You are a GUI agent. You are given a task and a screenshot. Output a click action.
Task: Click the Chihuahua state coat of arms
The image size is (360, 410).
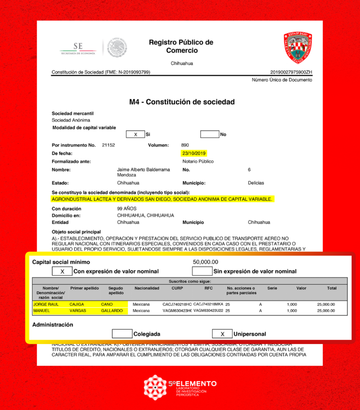tap(298, 48)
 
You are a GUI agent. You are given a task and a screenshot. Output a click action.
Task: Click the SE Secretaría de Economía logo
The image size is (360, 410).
tap(78, 48)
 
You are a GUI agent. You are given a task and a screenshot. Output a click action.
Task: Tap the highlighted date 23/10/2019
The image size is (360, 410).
tap(194, 153)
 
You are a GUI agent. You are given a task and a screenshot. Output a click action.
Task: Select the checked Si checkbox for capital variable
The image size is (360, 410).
tap(135, 134)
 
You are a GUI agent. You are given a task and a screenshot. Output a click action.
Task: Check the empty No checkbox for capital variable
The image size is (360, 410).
tap(209, 134)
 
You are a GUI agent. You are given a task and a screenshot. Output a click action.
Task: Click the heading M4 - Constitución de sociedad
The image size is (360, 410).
tap(182, 102)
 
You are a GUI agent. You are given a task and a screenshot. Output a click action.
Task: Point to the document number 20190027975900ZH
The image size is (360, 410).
tap(291, 72)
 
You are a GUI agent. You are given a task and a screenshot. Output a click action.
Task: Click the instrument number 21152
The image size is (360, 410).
tap(108, 145)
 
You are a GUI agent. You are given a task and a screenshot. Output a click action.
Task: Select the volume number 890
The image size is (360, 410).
tap(185, 145)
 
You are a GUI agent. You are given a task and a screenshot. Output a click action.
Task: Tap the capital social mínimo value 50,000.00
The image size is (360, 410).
tap(205, 262)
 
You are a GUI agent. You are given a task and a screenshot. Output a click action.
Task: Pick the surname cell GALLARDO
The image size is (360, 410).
tap(112, 311)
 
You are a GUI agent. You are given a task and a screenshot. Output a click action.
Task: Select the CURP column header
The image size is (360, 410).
tap(177, 288)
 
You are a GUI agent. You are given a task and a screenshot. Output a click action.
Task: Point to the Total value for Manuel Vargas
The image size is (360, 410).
tap(326, 311)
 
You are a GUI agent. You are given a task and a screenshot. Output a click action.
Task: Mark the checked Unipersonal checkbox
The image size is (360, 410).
tap(222, 334)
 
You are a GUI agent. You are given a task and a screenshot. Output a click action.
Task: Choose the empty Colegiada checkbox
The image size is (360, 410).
tap(122, 334)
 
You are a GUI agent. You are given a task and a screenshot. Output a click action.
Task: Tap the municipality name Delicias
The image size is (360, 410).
tap(256, 183)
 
